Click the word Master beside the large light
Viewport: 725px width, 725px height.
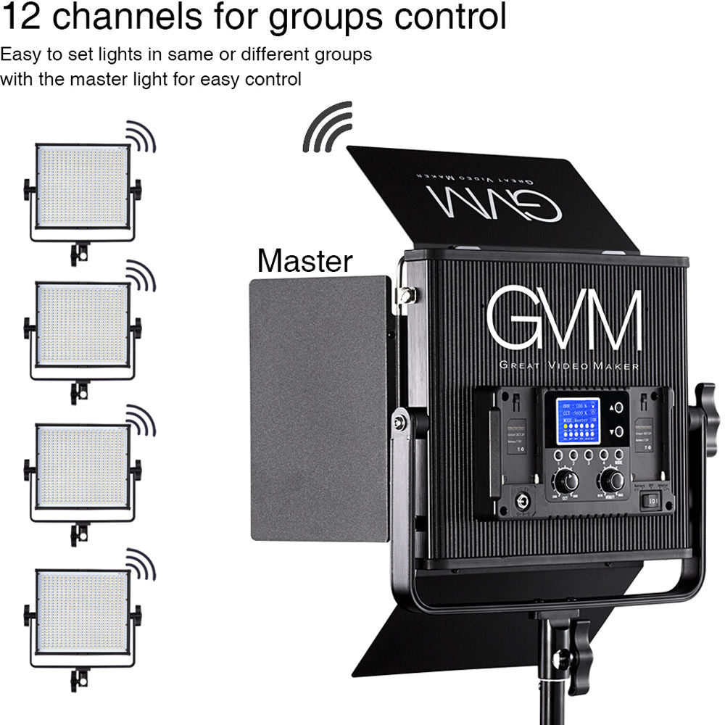[x=304, y=261]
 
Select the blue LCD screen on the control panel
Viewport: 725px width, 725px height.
[x=577, y=422]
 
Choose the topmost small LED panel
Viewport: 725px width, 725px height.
[x=83, y=187]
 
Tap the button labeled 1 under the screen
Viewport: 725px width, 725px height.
[x=558, y=455]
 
